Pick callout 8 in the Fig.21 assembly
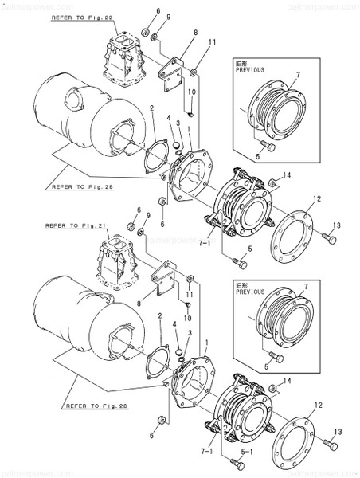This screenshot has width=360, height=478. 139,304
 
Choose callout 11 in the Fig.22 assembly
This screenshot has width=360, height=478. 213,41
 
